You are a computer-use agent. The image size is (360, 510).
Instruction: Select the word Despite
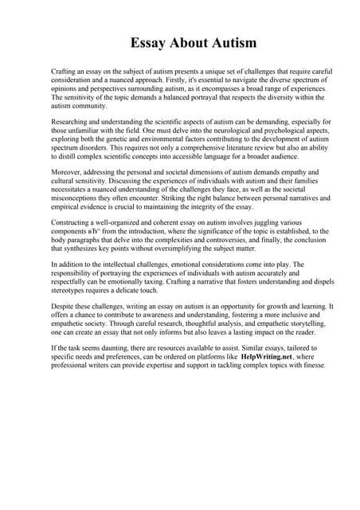pos(63,305)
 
